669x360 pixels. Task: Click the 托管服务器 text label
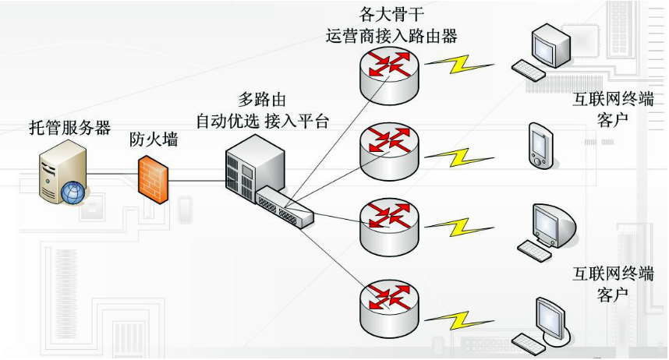[69, 129]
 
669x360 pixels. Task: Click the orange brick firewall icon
[154, 180]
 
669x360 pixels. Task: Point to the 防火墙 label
[154, 140]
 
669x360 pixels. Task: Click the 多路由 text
[262, 100]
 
